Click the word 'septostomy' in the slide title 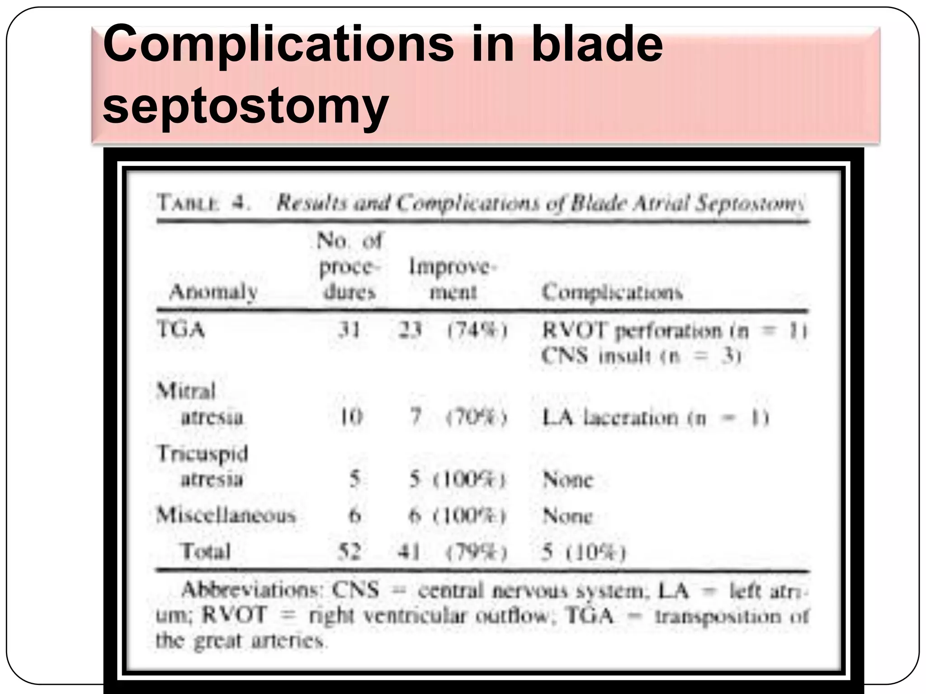pyautogui.click(x=246, y=106)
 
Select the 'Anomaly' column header pyautogui.click(x=213, y=292)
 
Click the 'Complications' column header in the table pyautogui.click(x=612, y=292)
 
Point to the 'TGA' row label pyautogui.click(x=181, y=329)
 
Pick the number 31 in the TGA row pyautogui.click(x=350, y=330)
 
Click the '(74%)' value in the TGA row pyautogui.click(x=477, y=331)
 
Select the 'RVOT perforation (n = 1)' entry pyautogui.click(x=674, y=331)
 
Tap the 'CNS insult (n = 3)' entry pyautogui.click(x=641, y=356)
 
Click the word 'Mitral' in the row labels pyautogui.click(x=186, y=391)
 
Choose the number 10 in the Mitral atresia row pyautogui.click(x=351, y=417)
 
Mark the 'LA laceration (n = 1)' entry pyautogui.click(x=655, y=417)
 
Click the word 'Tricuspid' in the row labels pyautogui.click(x=203, y=453)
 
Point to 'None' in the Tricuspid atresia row pyautogui.click(x=567, y=479)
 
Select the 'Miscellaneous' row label pyautogui.click(x=226, y=515)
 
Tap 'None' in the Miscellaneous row pyautogui.click(x=567, y=516)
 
